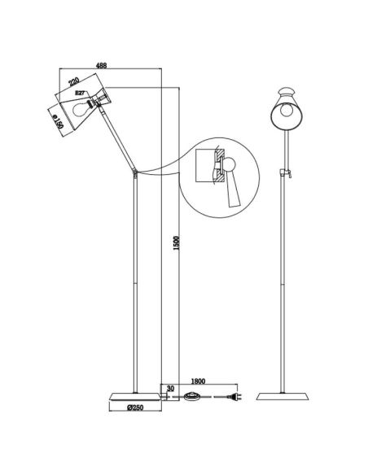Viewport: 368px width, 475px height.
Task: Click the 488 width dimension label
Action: coord(101,65)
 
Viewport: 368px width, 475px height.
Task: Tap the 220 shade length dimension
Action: coord(74,82)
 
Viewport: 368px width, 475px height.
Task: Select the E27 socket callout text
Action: coord(80,94)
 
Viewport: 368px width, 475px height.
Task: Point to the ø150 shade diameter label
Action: coord(59,121)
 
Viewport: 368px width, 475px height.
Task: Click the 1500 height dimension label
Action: coord(177,243)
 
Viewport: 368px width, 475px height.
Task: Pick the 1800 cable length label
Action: coord(199,381)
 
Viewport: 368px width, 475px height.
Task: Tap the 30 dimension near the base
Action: coord(170,388)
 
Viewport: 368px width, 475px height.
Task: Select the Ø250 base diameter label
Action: coord(135,407)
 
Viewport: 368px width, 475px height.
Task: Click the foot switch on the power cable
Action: coord(192,396)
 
